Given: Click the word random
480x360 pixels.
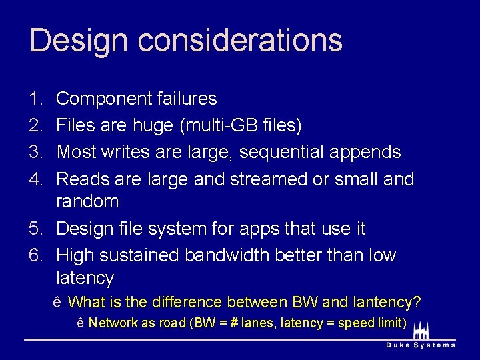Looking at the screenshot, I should pyautogui.click(x=87, y=201).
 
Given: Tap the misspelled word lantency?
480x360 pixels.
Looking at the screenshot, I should pyautogui.click(x=387, y=303).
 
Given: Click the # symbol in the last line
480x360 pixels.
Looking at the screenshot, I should pyautogui.click(x=236, y=323).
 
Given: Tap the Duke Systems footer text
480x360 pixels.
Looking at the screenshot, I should pyautogui.click(x=421, y=345).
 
